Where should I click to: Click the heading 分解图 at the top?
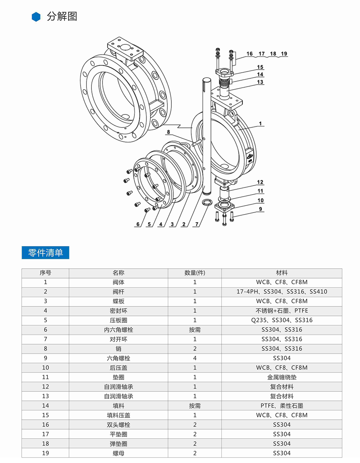[x=62, y=17]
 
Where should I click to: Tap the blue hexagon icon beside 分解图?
[x=36, y=17]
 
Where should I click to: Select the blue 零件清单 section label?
[x=45, y=253]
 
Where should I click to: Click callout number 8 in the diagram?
[x=168, y=132]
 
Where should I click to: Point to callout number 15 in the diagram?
[x=260, y=67]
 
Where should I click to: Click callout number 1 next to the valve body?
[x=260, y=123]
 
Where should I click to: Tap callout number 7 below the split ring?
[x=197, y=224]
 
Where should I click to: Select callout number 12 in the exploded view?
[x=260, y=182]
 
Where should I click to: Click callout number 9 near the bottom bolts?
[x=260, y=209]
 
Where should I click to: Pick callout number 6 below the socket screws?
[x=138, y=224]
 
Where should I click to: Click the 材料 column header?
[x=282, y=273]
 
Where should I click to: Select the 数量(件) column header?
[x=195, y=273]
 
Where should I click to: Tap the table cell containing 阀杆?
[x=118, y=292]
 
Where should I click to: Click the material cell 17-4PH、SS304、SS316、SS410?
[x=282, y=292]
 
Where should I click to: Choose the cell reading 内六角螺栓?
[x=118, y=330]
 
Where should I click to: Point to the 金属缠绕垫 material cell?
[x=282, y=377]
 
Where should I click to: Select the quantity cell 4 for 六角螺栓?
[x=195, y=358]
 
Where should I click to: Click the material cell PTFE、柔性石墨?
[x=282, y=406]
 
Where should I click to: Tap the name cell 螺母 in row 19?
[x=118, y=453]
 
